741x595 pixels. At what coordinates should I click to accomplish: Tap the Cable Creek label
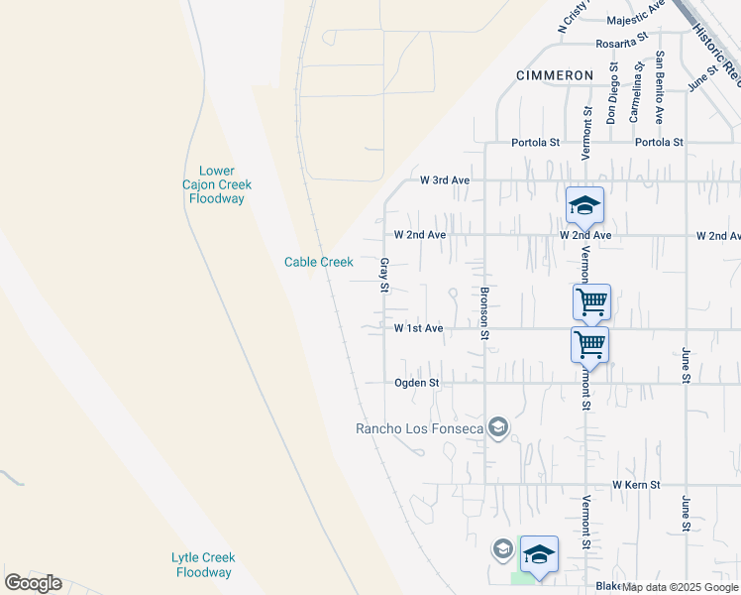click(318, 262)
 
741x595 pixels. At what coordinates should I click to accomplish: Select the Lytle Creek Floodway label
click(202, 565)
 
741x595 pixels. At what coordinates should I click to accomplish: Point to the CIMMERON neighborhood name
click(555, 75)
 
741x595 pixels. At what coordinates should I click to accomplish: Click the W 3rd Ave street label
click(444, 180)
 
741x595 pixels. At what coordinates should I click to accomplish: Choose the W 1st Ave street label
click(417, 328)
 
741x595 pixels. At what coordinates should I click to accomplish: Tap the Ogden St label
click(416, 382)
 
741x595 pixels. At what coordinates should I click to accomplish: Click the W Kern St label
click(635, 484)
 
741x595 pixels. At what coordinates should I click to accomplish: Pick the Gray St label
click(384, 276)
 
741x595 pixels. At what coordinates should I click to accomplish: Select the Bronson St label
click(484, 313)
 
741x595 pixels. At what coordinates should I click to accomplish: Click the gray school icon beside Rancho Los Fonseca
click(498, 427)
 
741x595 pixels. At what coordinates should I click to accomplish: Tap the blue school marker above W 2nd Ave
click(584, 205)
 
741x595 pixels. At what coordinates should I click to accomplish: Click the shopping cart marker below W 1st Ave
click(589, 345)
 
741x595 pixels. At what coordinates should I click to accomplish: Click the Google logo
click(33, 583)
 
